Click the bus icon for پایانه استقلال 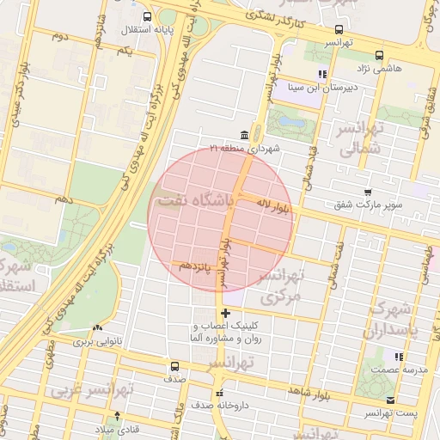click(x=148, y=16)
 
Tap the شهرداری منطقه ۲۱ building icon click(x=246, y=136)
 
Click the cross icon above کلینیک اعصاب click(x=226, y=314)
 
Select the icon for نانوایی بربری click(x=96, y=327)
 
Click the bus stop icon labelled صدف click(x=175, y=365)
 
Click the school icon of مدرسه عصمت click(x=398, y=356)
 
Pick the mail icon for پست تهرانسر click(x=391, y=400)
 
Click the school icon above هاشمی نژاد click(x=323, y=74)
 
